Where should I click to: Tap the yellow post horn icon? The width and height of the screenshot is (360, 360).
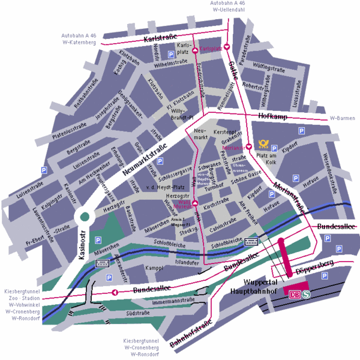tap(263, 144)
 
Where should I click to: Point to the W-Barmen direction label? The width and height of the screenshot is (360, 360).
tap(343, 118)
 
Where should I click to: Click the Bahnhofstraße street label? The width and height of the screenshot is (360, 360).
tap(191, 335)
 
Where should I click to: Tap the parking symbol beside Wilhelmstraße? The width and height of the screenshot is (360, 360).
tap(170, 54)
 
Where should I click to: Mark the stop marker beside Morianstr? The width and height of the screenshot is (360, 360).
tap(248, 146)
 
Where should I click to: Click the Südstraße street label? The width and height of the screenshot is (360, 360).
tap(138, 313)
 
